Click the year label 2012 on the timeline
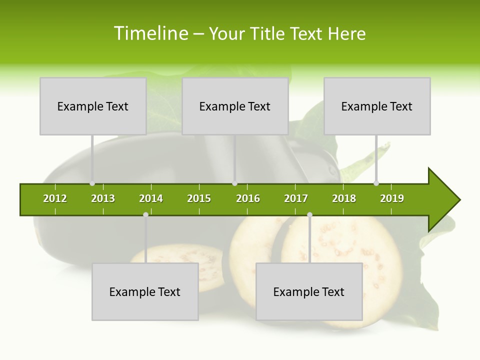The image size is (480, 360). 55,198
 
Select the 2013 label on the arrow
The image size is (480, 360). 103,198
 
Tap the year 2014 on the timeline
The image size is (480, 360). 151,198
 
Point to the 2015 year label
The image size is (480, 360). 199,198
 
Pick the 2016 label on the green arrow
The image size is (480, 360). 248,198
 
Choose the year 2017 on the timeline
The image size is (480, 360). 296,198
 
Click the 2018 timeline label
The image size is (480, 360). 344,198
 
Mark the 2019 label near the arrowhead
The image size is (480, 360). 392,198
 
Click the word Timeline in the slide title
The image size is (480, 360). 150,33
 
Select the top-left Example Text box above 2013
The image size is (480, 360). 93,106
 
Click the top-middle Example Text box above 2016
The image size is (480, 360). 235,106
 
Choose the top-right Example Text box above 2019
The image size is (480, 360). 377,106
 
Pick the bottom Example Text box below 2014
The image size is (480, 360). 145,291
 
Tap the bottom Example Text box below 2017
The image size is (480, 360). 309,291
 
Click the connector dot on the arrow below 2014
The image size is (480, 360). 145,214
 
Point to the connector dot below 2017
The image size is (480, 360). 309,214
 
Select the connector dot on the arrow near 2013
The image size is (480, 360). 92,183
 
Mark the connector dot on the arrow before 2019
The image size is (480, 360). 376,183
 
